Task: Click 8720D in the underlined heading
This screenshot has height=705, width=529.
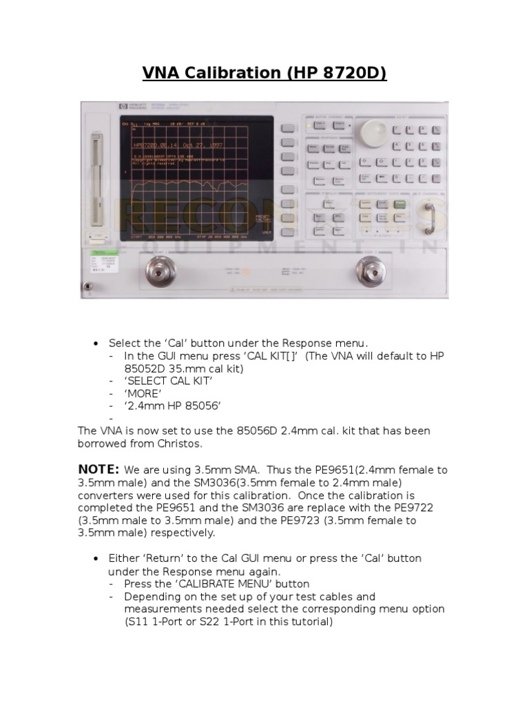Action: (351, 73)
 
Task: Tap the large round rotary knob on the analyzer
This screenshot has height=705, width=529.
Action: (373, 132)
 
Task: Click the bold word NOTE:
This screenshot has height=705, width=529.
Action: (98, 470)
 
